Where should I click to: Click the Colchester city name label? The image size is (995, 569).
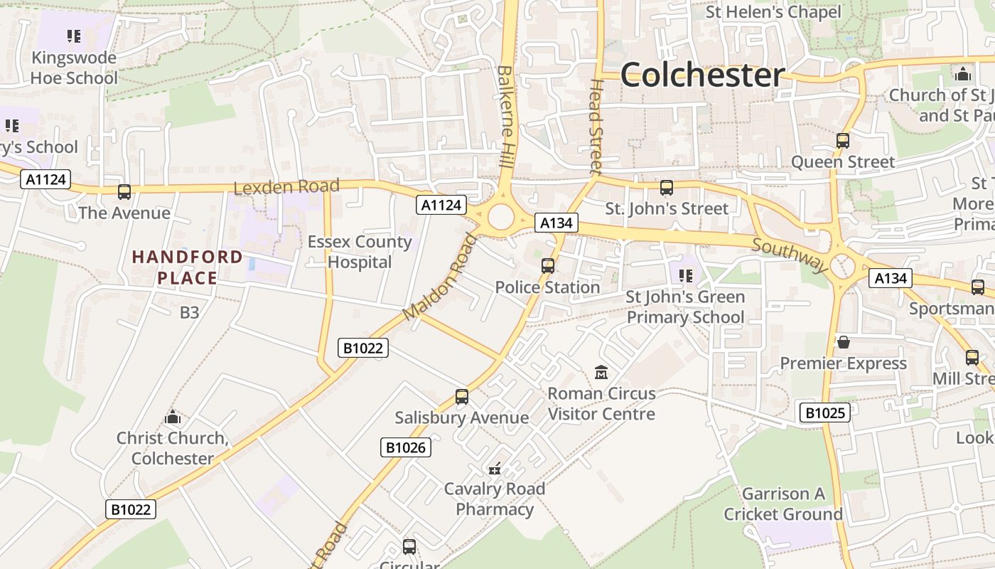click(x=702, y=75)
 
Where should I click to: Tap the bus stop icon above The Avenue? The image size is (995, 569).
click(x=124, y=191)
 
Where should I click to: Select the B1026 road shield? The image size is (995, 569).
click(x=407, y=447)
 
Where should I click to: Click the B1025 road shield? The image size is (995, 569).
click(x=824, y=413)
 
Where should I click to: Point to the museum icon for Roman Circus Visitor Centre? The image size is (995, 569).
click(x=601, y=372)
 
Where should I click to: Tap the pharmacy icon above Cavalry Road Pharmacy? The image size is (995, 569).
click(x=495, y=469)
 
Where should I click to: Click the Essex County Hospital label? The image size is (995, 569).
click(x=360, y=252)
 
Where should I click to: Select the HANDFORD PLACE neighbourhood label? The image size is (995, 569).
click(x=187, y=267)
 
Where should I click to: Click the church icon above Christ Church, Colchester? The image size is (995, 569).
click(x=172, y=418)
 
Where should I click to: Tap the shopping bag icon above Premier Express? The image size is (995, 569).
click(x=844, y=342)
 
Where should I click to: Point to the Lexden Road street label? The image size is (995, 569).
click(x=286, y=187)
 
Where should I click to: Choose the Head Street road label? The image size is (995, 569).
click(x=596, y=126)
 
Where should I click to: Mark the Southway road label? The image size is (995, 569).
click(x=790, y=255)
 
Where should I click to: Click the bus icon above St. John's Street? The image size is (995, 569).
click(x=666, y=188)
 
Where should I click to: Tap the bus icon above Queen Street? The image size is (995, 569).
click(x=843, y=141)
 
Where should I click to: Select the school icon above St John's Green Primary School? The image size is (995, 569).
click(x=685, y=275)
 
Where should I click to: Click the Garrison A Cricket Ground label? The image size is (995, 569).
click(x=783, y=504)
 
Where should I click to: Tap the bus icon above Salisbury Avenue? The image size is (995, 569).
click(x=462, y=397)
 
